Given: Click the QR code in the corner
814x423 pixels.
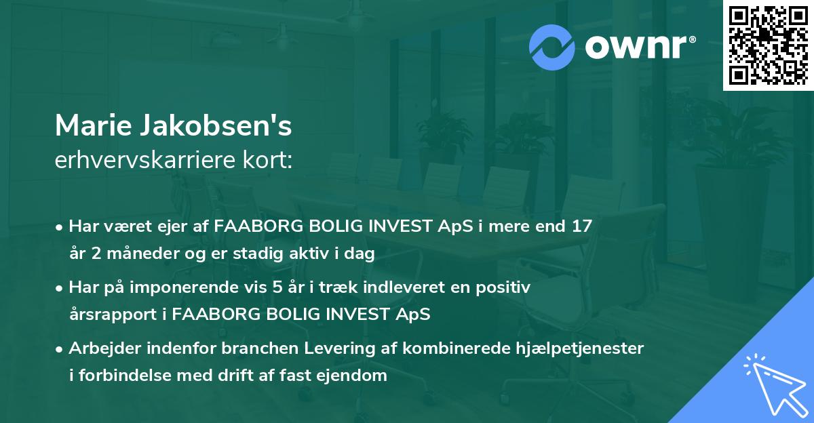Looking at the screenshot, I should pyautogui.click(x=768, y=45).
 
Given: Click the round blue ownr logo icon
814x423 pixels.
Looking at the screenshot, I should pyautogui.click(x=552, y=47).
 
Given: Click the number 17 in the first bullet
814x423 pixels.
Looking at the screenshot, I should pyautogui.click(x=582, y=226).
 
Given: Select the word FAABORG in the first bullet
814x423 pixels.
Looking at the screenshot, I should pyautogui.click(x=252, y=226).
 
